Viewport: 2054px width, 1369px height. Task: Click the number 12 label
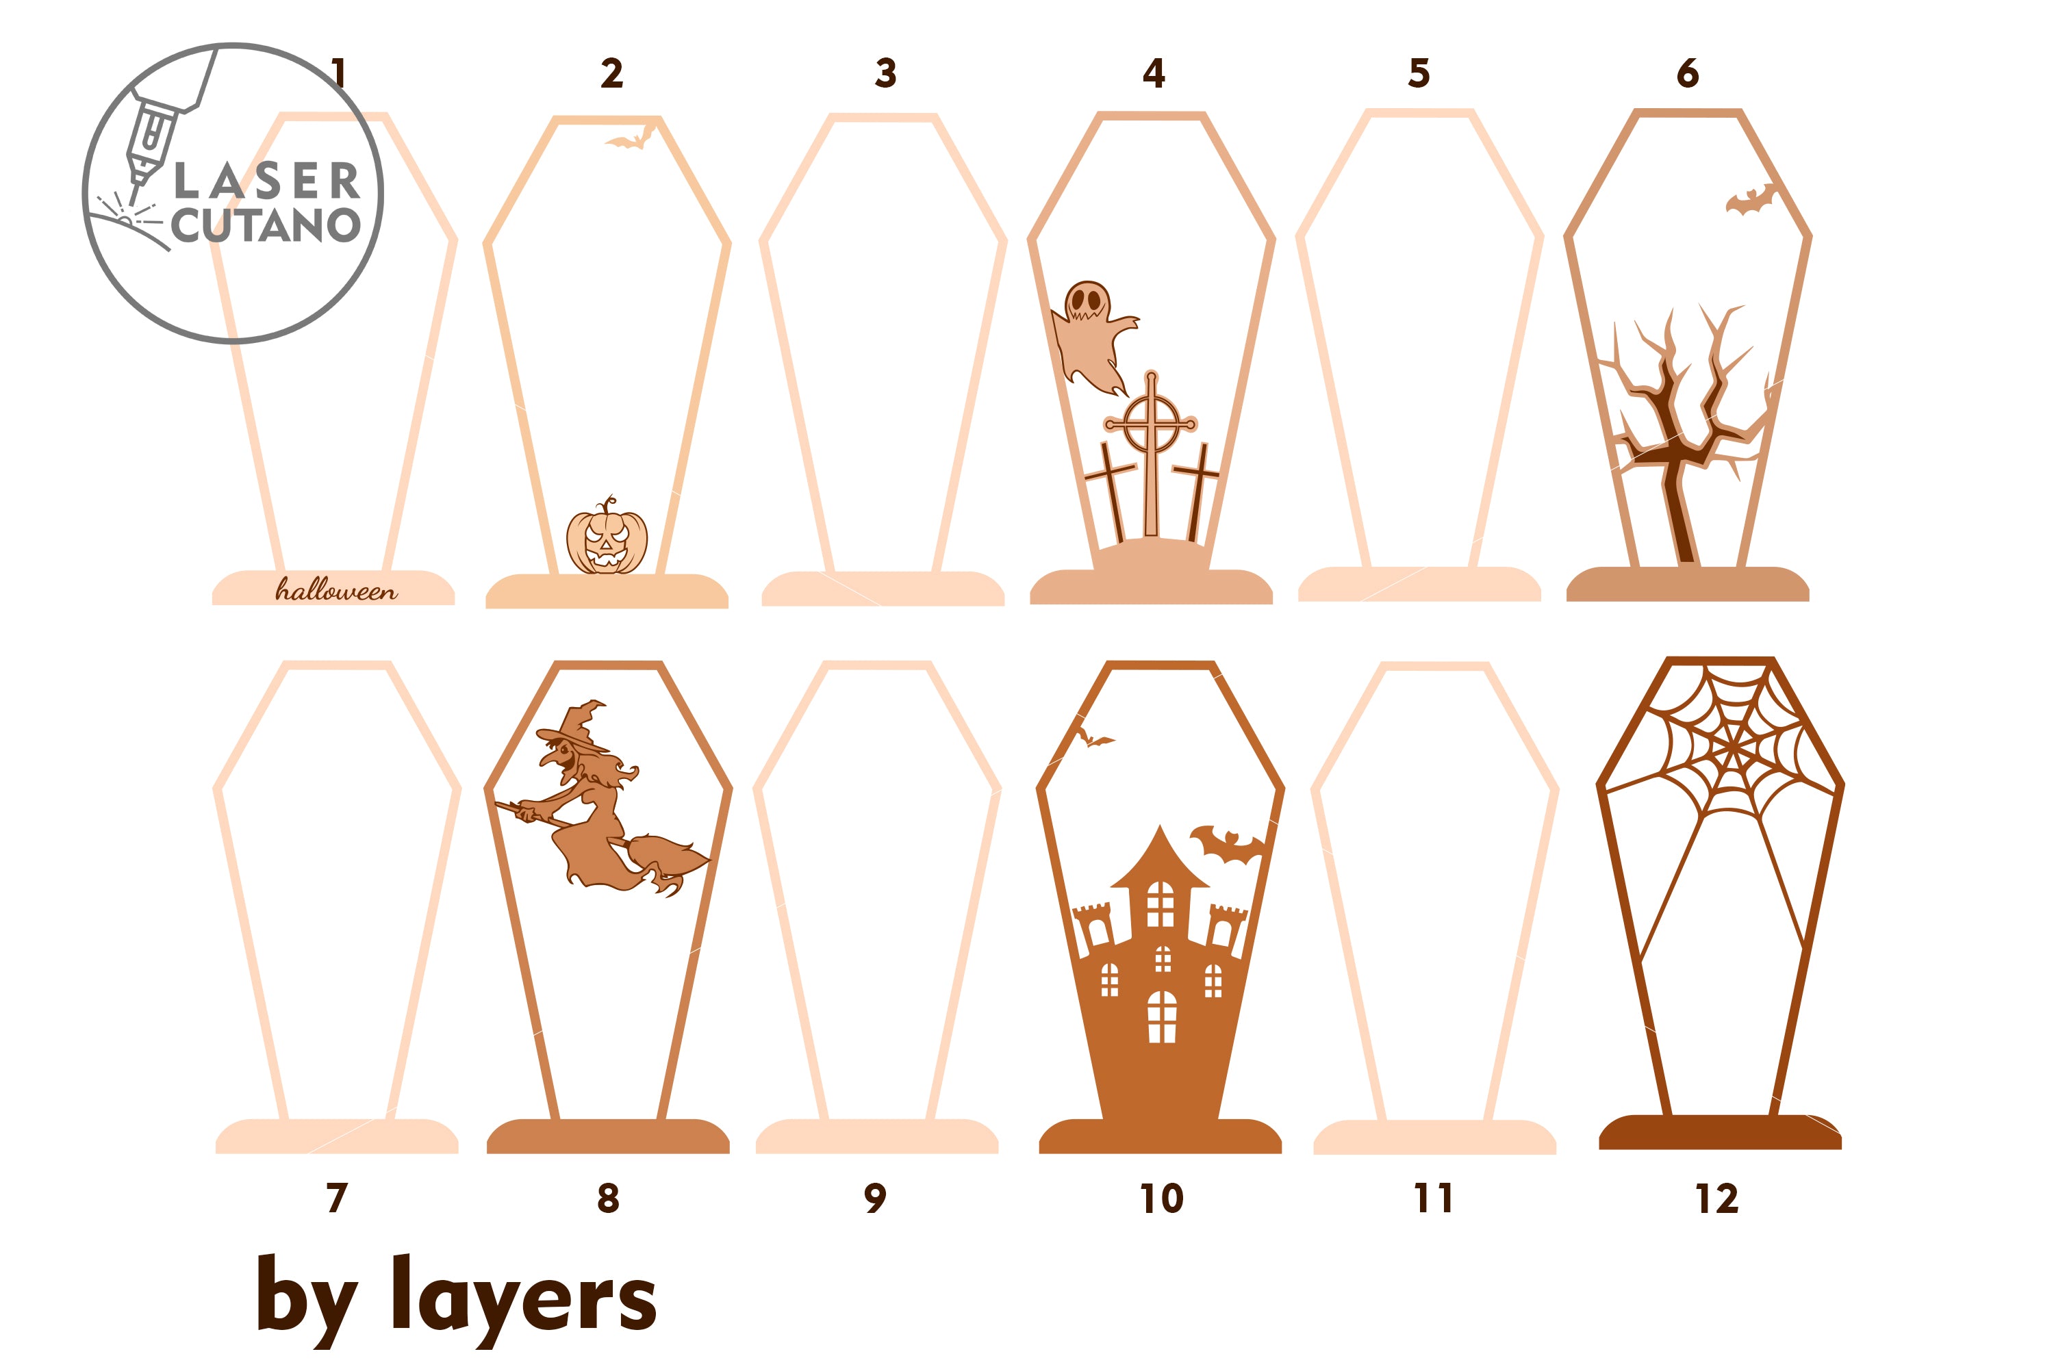pyautogui.click(x=1717, y=1199)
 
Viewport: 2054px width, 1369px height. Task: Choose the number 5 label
pyautogui.click(x=1419, y=73)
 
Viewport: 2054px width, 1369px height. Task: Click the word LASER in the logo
pyautogui.click(x=267, y=181)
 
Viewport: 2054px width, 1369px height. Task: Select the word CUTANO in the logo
pyautogui.click(x=266, y=225)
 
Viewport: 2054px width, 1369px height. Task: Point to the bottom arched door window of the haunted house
pyautogui.click(x=1161, y=1016)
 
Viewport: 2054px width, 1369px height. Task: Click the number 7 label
pyautogui.click(x=337, y=1198)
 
